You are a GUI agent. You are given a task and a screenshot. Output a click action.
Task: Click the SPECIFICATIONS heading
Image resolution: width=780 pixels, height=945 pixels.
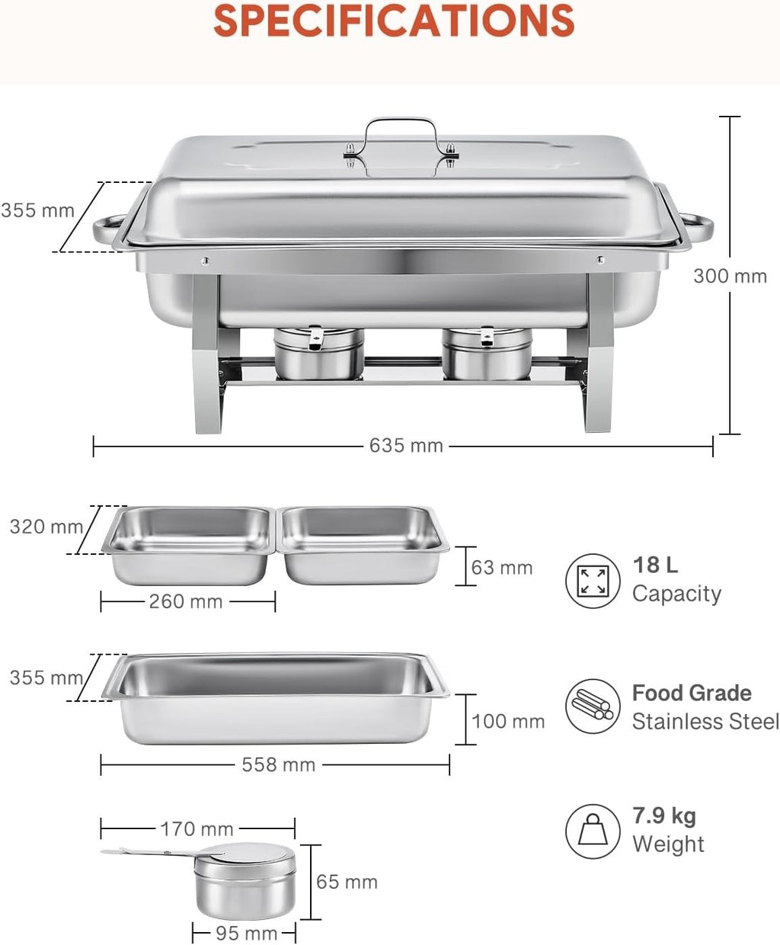pyautogui.click(x=394, y=21)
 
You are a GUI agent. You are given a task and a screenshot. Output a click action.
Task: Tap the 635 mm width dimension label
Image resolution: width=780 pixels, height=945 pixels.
pyautogui.click(x=406, y=445)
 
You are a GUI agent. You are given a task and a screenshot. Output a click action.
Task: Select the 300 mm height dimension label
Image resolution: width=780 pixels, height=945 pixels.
pyautogui.click(x=730, y=276)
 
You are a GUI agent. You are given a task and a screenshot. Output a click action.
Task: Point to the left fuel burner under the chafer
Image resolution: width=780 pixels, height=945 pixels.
pyautogui.click(x=318, y=353)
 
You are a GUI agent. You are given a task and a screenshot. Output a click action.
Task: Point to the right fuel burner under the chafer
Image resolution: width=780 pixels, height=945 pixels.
pyautogui.click(x=487, y=353)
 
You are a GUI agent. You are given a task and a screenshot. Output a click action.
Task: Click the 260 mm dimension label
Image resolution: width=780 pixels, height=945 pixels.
pyautogui.click(x=186, y=601)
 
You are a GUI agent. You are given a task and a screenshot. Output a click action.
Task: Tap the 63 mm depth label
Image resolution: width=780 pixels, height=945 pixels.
pyautogui.click(x=501, y=567)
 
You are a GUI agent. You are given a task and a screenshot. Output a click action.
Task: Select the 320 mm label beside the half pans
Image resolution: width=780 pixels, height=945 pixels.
pyautogui.click(x=46, y=527)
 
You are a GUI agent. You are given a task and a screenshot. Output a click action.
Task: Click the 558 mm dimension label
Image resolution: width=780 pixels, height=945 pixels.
pyautogui.click(x=279, y=764)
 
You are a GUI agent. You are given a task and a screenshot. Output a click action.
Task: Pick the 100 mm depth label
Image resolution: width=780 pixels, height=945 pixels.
pyautogui.click(x=508, y=721)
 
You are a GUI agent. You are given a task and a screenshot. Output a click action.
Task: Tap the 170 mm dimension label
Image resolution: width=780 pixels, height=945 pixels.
pyautogui.click(x=197, y=828)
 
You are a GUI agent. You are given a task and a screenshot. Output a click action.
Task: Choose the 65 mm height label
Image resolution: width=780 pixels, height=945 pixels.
pyautogui.click(x=347, y=882)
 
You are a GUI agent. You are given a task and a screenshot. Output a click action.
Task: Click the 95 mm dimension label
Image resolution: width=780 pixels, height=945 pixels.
pyautogui.click(x=246, y=933)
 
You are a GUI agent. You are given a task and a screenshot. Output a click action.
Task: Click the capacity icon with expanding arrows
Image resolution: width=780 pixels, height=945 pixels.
pyautogui.click(x=593, y=581)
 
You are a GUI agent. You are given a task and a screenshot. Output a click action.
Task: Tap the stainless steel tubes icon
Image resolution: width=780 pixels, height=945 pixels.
pyautogui.click(x=593, y=706)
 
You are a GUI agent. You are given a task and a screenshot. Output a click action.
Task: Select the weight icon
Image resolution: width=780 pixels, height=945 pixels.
pyautogui.click(x=593, y=831)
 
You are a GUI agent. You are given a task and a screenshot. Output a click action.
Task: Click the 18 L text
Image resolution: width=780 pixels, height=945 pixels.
pyautogui.click(x=655, y=565)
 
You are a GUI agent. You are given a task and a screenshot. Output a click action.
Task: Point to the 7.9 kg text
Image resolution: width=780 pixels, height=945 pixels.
pyautogui.click(x=664, y=816)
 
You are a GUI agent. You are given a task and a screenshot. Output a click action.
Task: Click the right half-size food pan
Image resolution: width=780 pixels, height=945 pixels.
pyautogui.click(x=363, y=543)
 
